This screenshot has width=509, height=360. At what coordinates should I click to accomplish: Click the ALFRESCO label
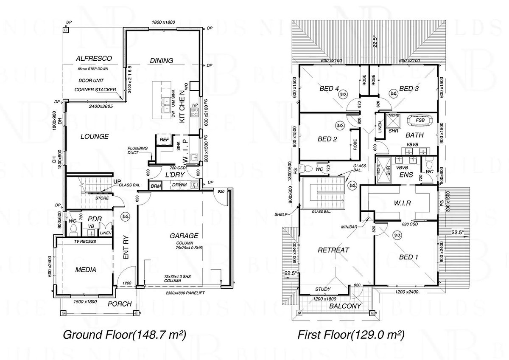click(x=88, y=59)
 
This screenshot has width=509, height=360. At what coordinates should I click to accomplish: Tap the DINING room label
click(x=162, y=61)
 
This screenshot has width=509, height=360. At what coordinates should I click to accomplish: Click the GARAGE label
click(x=184, y=236)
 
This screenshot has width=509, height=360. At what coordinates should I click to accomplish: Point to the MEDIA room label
click(x=86, y=270)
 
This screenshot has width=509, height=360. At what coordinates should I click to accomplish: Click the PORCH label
click(x=120, y=304)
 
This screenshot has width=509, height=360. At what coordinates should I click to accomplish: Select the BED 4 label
click(x=329, y=89)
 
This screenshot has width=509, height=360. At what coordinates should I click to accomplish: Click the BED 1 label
click(x=408, y=257)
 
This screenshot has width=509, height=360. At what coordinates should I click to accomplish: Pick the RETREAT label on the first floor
click(x=333, y=250)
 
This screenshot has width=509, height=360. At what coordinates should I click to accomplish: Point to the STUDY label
click(x=323, y=290)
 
